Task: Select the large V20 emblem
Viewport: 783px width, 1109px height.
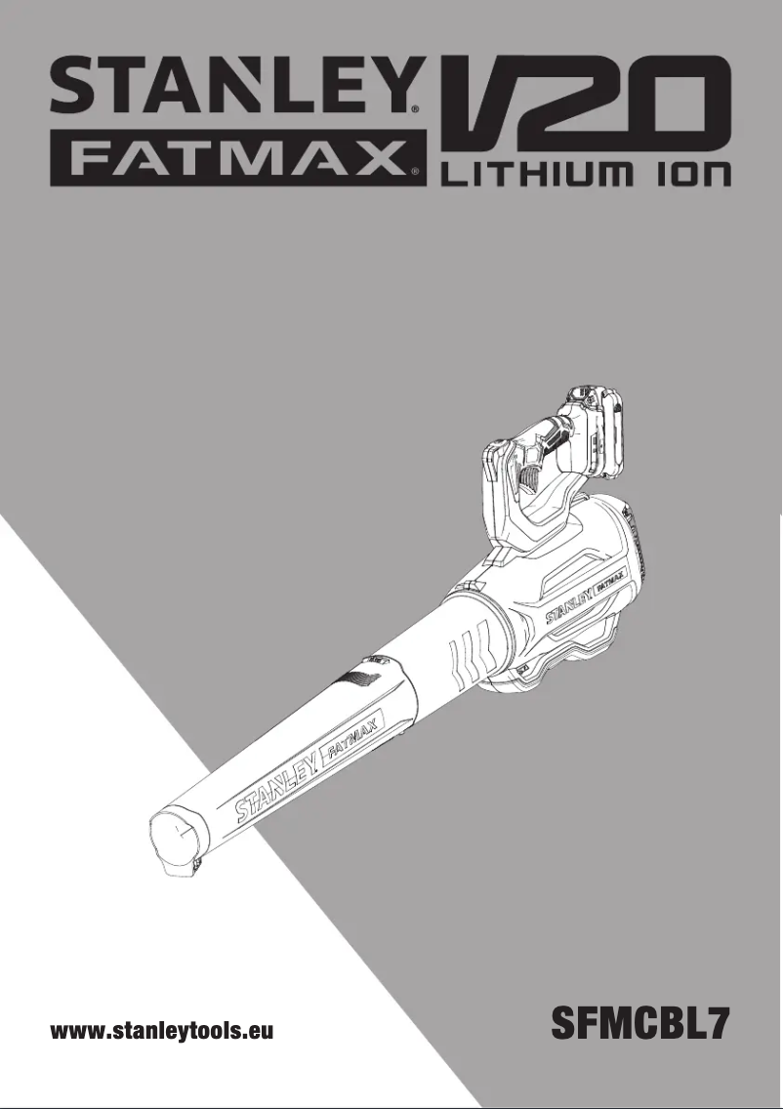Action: (x=586, y=106)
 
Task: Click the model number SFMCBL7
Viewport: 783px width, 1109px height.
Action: (x=639, y=1023)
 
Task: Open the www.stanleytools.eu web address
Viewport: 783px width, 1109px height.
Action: (x=161, y=1031)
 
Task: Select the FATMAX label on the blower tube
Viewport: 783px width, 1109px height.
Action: (x=351, y=742)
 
